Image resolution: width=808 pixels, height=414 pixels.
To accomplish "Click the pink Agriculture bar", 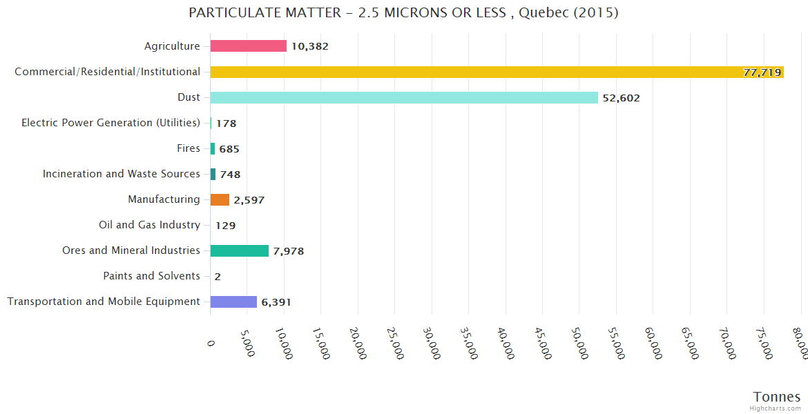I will [248, 46].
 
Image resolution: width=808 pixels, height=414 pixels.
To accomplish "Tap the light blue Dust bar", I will [404, 97].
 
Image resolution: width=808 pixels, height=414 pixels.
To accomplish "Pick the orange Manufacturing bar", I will [220, 199].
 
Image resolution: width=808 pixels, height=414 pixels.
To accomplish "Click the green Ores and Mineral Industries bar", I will [239, 250].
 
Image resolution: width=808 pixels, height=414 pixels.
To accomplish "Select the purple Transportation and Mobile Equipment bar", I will [233, 302].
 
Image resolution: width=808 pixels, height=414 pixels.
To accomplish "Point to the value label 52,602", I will [621, 98].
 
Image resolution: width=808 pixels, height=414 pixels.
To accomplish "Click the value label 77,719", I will [762, 72].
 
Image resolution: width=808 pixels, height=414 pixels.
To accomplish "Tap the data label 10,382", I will [309, 47].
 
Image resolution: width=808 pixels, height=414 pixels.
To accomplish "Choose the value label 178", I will [226, 124].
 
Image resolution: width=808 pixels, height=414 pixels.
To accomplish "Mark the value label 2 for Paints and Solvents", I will [218, 277].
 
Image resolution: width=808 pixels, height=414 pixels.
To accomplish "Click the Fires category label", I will [189, 148].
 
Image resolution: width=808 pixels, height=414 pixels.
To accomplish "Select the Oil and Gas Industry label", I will [150, 225].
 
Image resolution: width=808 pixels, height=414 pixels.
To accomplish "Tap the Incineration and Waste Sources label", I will [122, 174].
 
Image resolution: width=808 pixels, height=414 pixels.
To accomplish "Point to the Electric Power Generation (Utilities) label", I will [110, 123].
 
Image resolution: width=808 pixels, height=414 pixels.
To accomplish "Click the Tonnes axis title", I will [776, 397].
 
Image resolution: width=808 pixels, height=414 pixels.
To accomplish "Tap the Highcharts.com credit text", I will [776, 408].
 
